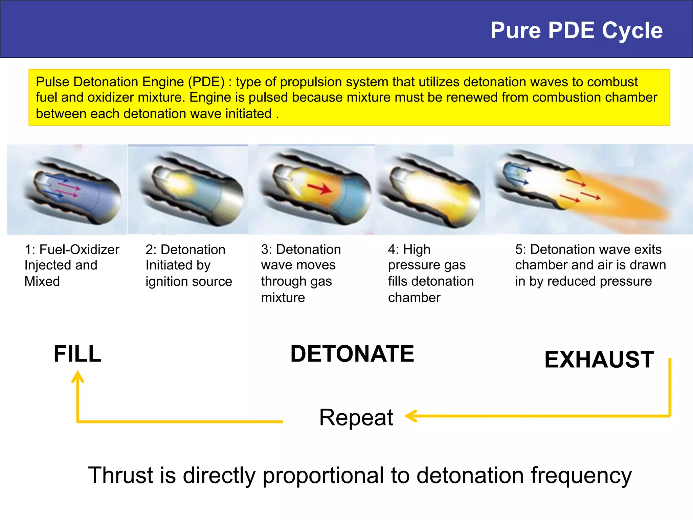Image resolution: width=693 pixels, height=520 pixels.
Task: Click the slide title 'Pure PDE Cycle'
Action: pos(576,30)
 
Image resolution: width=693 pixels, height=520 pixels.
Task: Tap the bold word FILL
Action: pos(77,354)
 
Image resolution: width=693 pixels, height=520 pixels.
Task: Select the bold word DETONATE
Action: pos(352,354)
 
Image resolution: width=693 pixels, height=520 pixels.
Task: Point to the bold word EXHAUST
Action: pos(599,360)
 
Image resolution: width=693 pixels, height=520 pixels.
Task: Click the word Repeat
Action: pos(356,417)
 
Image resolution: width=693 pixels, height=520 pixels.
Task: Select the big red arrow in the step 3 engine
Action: pos(319,189)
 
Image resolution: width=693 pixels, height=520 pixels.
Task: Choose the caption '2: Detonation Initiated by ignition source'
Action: pos(188,265)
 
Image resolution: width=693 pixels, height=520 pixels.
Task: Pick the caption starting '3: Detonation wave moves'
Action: pos(300,273)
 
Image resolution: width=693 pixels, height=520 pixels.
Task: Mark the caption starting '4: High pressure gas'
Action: pos(430,273)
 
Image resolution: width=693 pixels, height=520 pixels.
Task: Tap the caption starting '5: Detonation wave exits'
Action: pos(590,265)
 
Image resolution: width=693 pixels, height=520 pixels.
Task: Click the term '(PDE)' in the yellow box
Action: pos(206,82)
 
